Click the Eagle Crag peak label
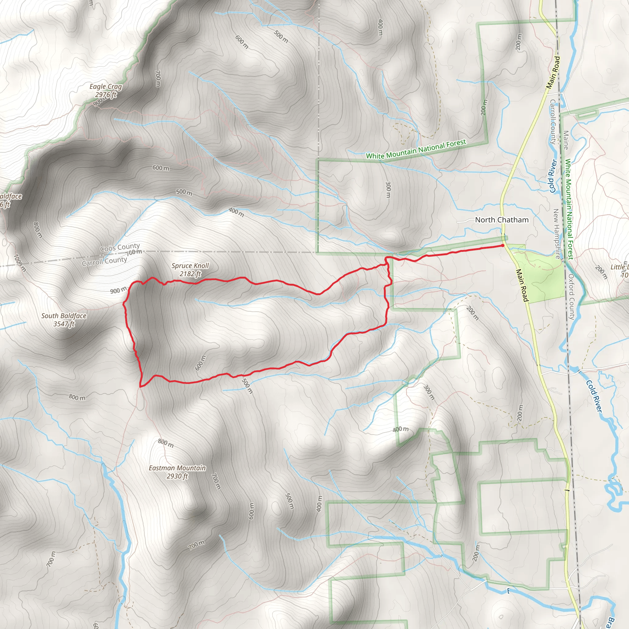click(105, 91)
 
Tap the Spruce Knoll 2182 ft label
click(190, 270)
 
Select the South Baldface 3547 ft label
click(64, 320)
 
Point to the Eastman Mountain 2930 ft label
click(177, 472)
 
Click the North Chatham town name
click(502, 220)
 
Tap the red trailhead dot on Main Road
click(503, 245)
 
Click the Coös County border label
click(120, 248)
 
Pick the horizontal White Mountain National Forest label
click(416, 149)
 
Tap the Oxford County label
click(572, 296)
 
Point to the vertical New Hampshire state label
click(557, 234)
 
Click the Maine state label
click(566, 140)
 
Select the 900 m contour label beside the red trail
click(119, 290)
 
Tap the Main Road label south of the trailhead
click(522, 285)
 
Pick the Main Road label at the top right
click(553, 72)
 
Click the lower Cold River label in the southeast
click(594, 396)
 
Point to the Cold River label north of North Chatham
click(553, 175)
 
